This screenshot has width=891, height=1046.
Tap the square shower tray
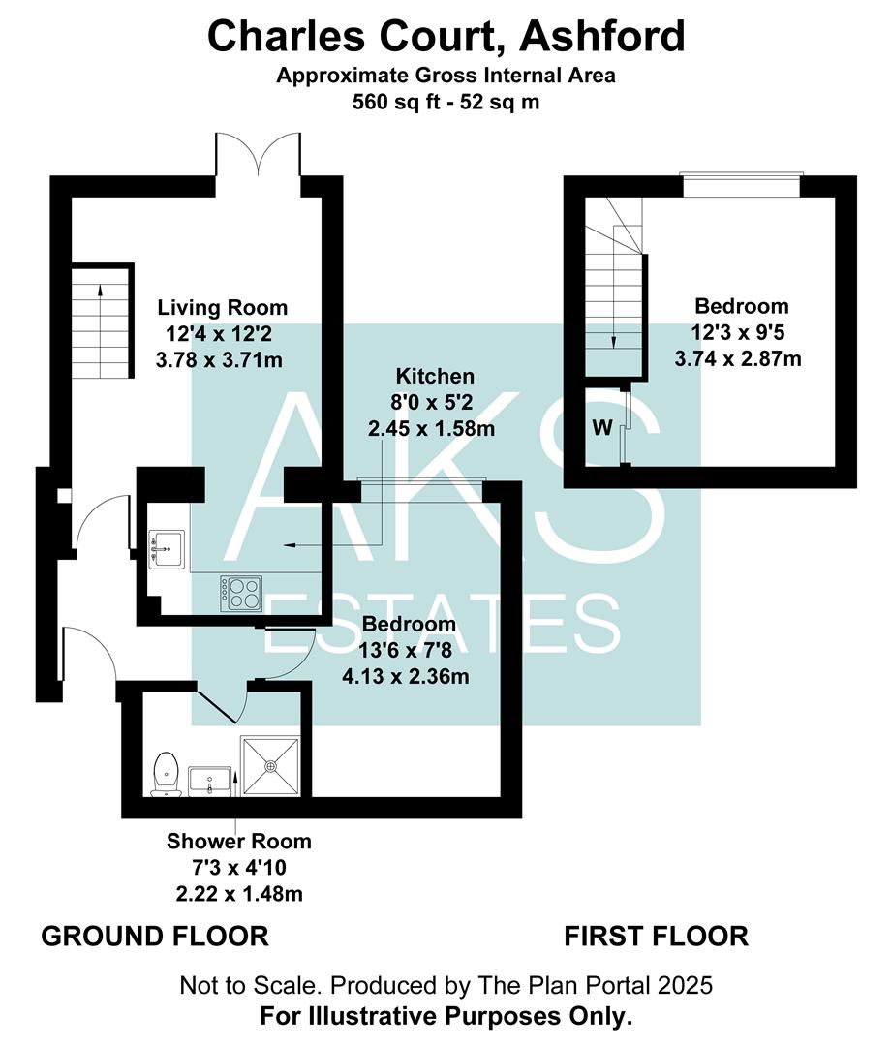point(273,765)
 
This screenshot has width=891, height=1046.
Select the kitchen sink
point(164,548)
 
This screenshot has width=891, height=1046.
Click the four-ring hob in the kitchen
point(241,592)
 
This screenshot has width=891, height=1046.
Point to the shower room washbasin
point(209,779)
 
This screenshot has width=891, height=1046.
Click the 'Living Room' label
point(223,308)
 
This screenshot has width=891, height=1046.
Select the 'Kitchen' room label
point(434,376)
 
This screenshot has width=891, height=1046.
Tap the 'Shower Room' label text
point(238,841)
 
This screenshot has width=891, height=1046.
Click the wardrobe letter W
point(601,428)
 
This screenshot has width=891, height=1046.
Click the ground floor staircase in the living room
point(101,320)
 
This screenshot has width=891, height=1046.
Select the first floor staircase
point(612,291)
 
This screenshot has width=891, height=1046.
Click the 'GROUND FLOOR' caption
point(154,937)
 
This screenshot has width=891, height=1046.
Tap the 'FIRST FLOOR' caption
point(656,937)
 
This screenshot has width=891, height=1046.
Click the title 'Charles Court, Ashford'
point(445,37)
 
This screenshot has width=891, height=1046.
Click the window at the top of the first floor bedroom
point(740,184)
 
